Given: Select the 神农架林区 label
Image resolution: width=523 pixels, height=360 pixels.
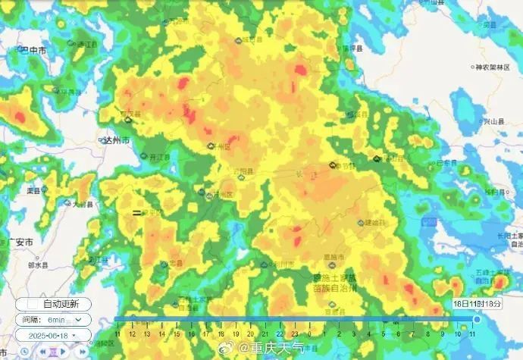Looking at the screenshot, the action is pos(496,67).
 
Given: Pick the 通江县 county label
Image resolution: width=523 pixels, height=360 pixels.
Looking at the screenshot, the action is pos(89,45).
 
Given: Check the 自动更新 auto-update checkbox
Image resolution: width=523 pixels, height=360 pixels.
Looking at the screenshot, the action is pos(24,304).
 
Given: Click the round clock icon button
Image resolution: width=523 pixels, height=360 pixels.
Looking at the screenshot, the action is pos(25,351).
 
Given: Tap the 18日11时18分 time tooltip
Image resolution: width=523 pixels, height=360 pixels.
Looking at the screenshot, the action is pos(478,302).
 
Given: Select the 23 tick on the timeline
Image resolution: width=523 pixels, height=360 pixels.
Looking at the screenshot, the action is pos(280,333).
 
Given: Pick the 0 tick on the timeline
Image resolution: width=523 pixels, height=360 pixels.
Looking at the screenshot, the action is pos(295,333).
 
